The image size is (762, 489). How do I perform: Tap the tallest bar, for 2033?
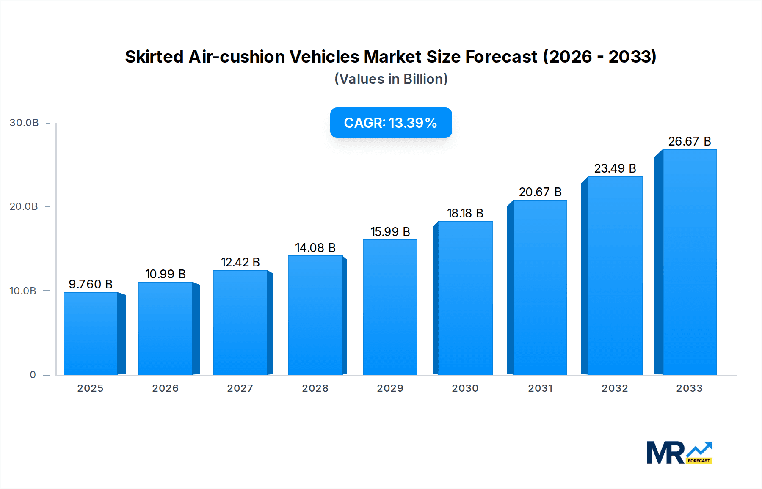pyautogui.click(x=689, y=262)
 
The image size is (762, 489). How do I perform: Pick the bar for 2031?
pyautogui.click(x=540, y=288)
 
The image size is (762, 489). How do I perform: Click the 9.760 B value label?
pyautogui.click(x=91, y=284)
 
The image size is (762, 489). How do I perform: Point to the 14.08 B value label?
pyautogui.click(x=315, y=248)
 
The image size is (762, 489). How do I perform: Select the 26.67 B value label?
pyautogui.click(x=689, y=141)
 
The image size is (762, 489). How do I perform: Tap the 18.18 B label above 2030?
pyautogui.click(x=465, y=213)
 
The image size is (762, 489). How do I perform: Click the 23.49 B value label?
pyautogui.click(x=615, y=168)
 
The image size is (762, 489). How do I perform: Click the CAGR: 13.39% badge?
pyautogui.click(x=391, y=123)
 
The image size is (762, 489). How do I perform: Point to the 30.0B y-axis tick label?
pyautogui.click(x=24, y=123)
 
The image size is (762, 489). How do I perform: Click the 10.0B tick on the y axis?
pyautogui.click(x=23, y=291)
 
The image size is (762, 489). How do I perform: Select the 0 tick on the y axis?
pyautogui.click(x=33, y=375)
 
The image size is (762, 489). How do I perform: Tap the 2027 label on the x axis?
pyautogui.click(x=240, y=388)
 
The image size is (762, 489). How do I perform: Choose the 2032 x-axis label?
pyautogui.click(x=615, y=388)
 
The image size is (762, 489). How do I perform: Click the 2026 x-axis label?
pyautogui.click(x=165, y=388)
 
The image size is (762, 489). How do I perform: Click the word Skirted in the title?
pyautogui.click(x=154, y=57)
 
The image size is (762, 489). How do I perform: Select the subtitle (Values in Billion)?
pyautogui.click(x=391, y=79)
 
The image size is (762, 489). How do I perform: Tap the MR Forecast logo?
pyautogui.click(x=679, y=453)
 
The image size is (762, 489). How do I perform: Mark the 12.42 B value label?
pyautogui.click(x=240, y=262)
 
